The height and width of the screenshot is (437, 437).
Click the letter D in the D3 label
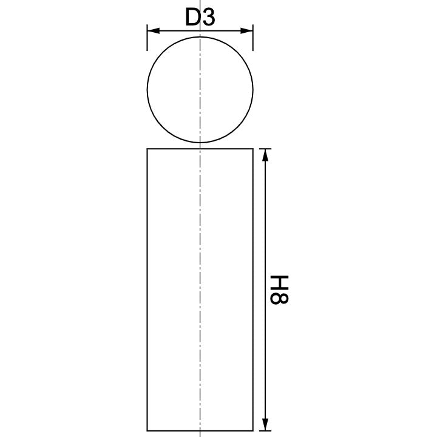192,18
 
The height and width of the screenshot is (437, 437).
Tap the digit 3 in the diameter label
208,18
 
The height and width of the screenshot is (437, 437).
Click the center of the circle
200,89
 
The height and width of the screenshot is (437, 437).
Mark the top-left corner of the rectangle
147,149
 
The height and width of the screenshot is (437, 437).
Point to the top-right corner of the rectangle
252,149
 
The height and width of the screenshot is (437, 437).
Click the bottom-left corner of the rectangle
147,429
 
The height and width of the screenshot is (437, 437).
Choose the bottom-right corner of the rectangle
252,429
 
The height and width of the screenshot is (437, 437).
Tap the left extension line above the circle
147,39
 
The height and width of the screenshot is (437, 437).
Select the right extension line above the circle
252,39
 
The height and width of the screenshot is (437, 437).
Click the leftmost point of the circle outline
147,89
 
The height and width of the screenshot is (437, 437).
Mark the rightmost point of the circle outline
252,89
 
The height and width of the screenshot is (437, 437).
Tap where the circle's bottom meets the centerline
200,142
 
